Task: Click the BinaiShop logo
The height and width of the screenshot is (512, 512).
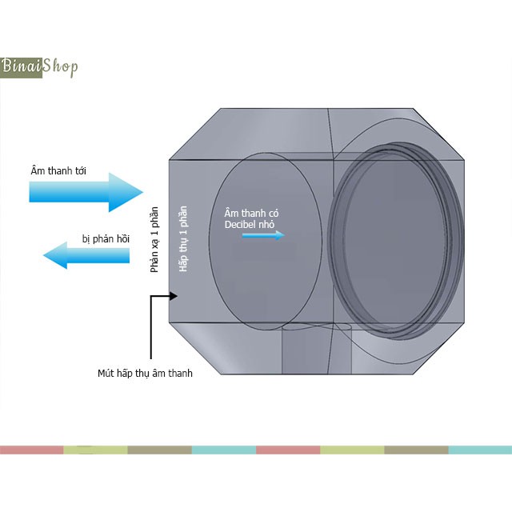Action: pos(39,66)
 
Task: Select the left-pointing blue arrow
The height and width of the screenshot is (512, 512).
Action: pos(86,256)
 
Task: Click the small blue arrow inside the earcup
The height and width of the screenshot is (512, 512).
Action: pos(258,235)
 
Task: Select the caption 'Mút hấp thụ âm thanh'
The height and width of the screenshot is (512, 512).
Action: pos(145,373)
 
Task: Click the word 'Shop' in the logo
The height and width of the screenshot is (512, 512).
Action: pos(61,66)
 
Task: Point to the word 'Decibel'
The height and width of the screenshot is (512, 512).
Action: pos(243,225)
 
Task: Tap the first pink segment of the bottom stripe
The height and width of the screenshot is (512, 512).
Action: pos(32,450)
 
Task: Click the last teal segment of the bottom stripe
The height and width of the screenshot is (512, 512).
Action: pos(480,450)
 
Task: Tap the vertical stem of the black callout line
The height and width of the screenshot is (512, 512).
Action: pos(150,328)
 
